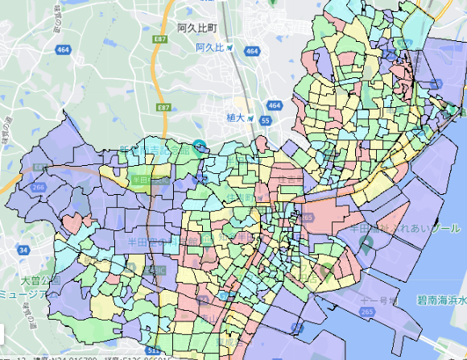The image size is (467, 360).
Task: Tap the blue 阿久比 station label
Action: (212, 48)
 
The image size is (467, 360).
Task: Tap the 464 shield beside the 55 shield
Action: (275, 105)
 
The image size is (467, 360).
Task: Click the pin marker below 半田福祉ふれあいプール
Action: (364, 242)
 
